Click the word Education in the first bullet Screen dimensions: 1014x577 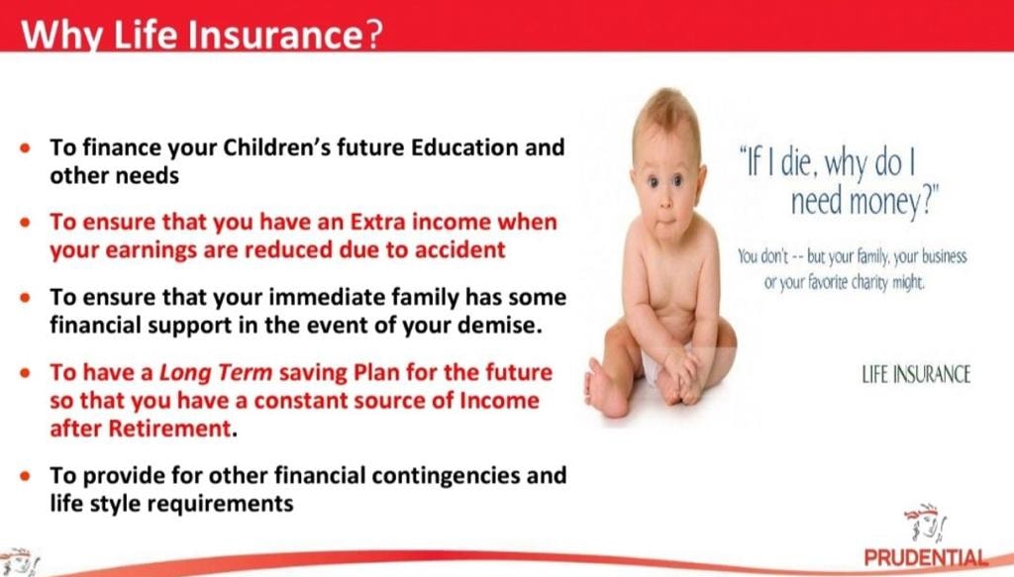click(464, 147)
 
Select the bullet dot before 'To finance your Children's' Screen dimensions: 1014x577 click(25, 148)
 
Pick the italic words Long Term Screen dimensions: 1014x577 click(216, 373)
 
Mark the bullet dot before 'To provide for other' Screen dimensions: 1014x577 click(25, 476)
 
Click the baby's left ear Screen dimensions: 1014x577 click(700, 179)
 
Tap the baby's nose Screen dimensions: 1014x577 click(662, 199)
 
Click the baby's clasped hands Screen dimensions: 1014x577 click(683, 378)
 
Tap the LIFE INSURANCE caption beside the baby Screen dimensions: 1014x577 click(916, 374)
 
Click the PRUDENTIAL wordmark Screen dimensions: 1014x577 click(926, 557)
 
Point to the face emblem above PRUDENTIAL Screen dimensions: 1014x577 click(926, 523)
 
